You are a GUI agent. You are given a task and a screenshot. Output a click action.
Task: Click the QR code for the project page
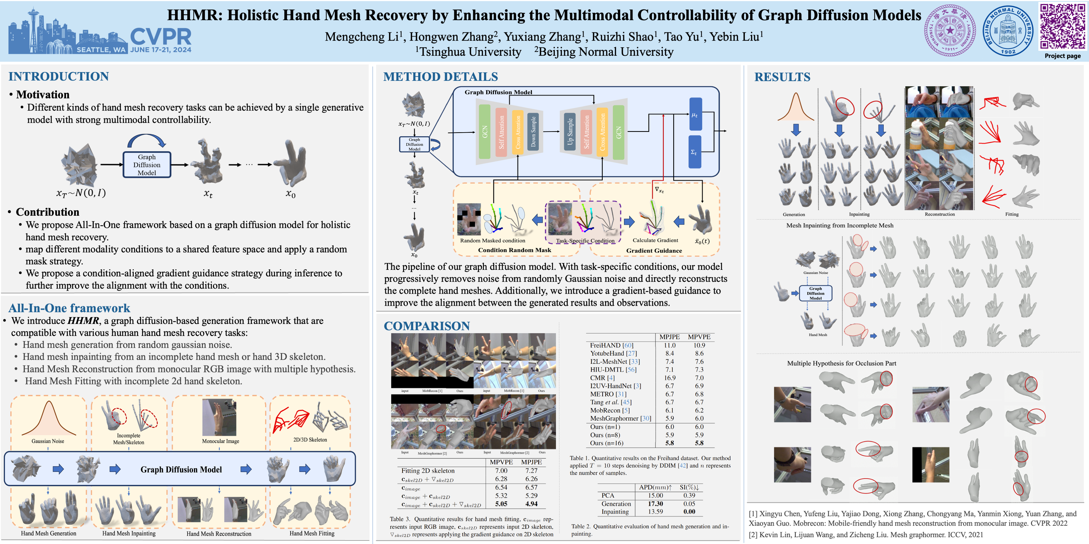click(x=1062, y=26)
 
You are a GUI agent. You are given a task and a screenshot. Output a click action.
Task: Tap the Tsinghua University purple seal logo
click(x=950, y=30)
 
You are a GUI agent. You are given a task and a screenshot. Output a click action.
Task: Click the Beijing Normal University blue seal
click(x=1008, y=30)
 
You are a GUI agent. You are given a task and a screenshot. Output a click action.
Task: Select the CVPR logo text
click(x=161, y=37)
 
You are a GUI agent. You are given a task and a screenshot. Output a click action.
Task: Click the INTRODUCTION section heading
click(x=59, y=76)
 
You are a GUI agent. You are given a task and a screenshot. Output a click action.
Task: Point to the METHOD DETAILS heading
click(x=441, y=77)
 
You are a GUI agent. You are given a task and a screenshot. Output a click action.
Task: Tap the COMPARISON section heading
click(x=427, y=326)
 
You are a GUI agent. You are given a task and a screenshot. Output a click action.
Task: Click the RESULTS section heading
click(x=782, y=77)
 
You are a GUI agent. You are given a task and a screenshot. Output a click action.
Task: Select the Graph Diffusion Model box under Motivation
click(x=147, y=165)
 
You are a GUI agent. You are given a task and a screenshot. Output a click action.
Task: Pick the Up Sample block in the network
click(x=570, y=131)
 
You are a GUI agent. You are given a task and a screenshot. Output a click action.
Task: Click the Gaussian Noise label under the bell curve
click(x=48, y=441)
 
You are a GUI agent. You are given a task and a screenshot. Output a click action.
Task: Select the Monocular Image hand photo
click(x=219, y=417)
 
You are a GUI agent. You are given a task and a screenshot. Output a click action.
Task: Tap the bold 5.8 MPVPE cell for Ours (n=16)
click(x=699, y=443)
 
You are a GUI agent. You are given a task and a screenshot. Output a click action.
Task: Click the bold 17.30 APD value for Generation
click(x=655, y=503)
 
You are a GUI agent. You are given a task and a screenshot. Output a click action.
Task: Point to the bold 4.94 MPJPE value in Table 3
click(x=531, y=504)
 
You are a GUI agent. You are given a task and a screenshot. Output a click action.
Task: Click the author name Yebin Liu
click(x=736, y=37)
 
